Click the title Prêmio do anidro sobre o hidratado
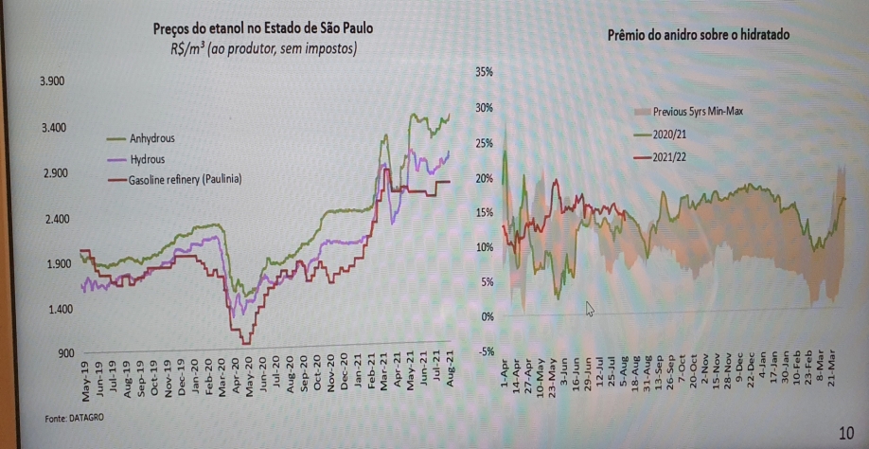click(x=698, y=34)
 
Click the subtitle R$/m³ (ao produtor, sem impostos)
click(x=257, y=48)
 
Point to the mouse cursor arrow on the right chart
click(x=590, y=308)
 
